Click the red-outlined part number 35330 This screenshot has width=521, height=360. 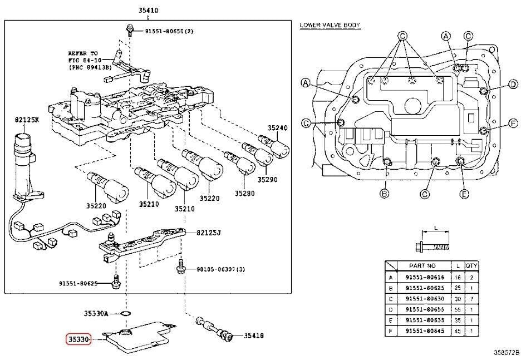point(78,338)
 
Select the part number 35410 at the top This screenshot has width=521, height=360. point(137,11)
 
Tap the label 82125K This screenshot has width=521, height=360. point(26,119)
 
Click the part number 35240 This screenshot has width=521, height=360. point(277,127)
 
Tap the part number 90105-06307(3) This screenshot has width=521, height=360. point(221,269)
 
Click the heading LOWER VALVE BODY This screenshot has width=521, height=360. point(330,25)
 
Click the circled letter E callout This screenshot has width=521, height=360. point(464,194)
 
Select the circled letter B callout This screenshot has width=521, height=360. point(384,194)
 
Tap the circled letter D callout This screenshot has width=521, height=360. point(513,84)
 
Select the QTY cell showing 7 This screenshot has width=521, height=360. point(471,298)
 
